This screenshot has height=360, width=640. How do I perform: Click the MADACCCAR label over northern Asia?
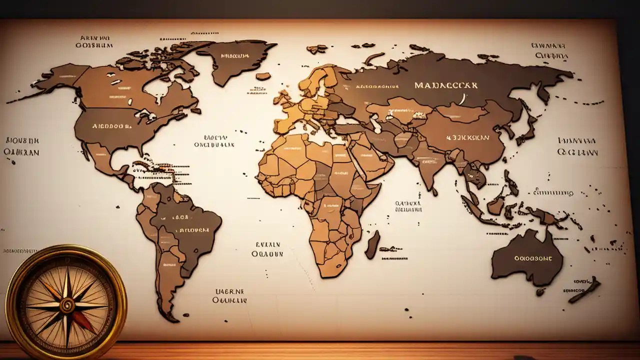(446, 85)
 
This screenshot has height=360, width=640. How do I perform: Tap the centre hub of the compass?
(66, 304)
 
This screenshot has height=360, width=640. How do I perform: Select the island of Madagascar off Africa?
(372, 244)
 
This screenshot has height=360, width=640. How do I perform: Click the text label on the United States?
(113, 126)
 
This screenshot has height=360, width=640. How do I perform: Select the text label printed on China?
(467, 136)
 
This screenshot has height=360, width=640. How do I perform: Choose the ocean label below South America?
(229, 295)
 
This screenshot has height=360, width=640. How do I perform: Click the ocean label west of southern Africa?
(267, 249)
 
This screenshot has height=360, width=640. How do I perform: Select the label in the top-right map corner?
(550, 50)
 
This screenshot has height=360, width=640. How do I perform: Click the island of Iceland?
(263, 76)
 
